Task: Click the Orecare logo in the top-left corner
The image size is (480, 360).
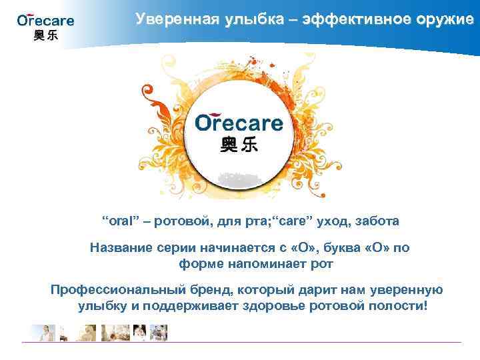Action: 45,20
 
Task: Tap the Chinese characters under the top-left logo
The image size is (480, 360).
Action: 45,36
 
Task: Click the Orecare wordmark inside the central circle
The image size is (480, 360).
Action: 239,123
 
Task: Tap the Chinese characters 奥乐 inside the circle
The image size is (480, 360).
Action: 239,145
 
